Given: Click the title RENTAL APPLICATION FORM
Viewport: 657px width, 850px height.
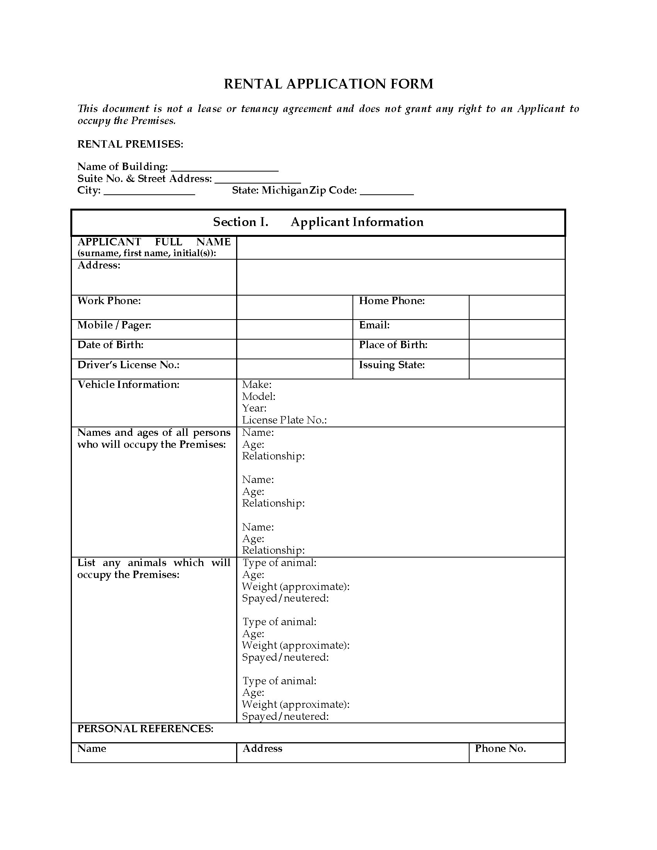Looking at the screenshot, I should point(328,84).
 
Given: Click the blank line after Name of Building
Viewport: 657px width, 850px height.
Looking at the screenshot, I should point(225,168).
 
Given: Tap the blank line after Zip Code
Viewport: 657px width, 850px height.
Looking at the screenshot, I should point(386,192).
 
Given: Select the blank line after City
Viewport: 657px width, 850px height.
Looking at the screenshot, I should point(150,192).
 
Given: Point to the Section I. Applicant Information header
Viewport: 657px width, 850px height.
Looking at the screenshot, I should point(318,222).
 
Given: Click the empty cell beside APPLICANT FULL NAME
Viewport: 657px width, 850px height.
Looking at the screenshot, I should point(400,248).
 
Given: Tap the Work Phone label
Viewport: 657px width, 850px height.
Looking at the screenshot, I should point(109,301).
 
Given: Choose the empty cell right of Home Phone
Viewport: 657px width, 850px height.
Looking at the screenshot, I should point(516,307).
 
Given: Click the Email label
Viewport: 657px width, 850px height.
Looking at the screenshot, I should point(374,325).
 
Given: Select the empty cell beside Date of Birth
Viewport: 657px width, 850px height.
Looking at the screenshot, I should point(294,349).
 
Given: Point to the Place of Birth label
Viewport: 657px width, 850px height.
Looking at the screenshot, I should point(393,345).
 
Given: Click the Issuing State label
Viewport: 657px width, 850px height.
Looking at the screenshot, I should point(391,365).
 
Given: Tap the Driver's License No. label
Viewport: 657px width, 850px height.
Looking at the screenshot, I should point(128,365).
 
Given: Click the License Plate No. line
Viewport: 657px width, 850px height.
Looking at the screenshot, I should point(284,420).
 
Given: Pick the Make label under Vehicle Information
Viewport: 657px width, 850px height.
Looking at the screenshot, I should point(257,384).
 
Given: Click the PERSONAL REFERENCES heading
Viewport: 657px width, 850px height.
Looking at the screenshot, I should point(145,729).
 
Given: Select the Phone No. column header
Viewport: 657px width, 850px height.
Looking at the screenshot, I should point(500,748).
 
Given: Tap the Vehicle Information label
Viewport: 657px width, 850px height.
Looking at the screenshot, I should point(128,384).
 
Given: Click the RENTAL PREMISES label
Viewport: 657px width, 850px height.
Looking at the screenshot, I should point(130,144).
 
